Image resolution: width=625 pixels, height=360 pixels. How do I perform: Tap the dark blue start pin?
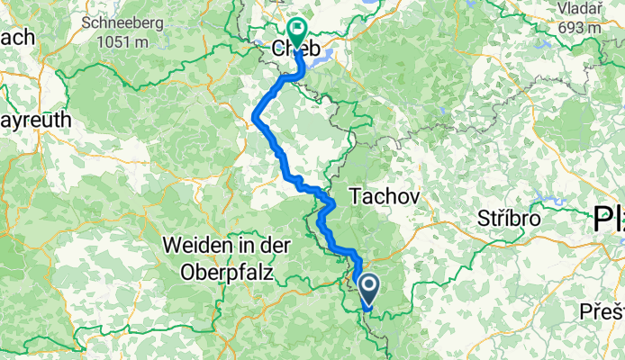click(369, 288)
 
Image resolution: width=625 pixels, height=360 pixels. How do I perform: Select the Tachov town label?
click(383, 193)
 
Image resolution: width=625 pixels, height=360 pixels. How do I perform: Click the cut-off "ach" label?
click(17, 38)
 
